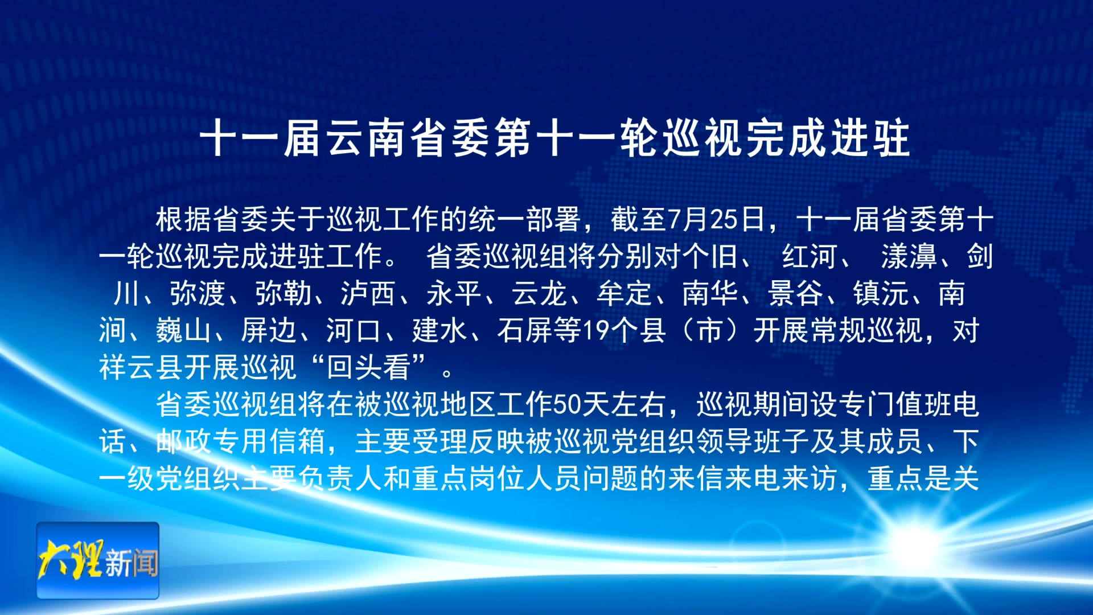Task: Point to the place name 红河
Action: [809, 256]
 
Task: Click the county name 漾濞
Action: [909, 256]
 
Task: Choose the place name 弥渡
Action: [198, 293]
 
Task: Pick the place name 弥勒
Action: [283, 293]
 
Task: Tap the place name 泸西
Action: [368, 293]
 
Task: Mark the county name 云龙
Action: [539, 293]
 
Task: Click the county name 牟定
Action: [624, 293]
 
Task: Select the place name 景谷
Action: [795, 293]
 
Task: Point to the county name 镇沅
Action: [881, 293]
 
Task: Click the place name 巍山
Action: [183, 330]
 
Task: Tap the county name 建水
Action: [439, 330]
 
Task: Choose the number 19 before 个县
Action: [596, 330]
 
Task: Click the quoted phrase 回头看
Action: [368, 367]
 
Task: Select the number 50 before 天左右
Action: [567, 404]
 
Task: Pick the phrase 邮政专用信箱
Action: [240, 441]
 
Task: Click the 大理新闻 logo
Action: [98, 560]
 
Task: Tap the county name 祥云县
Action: [141, 367]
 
